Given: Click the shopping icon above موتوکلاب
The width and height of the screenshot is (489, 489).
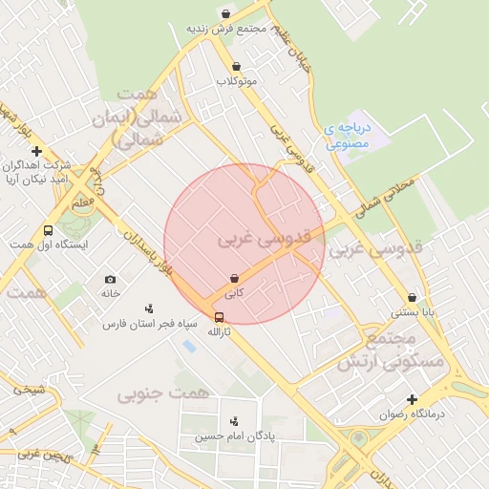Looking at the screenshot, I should (x=236, y=66).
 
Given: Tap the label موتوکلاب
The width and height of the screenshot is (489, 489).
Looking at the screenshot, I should (x=237, y=81).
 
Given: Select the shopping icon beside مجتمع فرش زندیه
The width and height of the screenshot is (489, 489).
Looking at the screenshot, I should (x=224, y=13).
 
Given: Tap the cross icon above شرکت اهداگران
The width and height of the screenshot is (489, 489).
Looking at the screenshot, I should (x=36, y=151).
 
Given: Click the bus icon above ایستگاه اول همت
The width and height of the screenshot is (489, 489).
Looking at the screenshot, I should (x=48, y=230).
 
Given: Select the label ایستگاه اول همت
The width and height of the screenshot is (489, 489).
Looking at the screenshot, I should (x=48, y=245).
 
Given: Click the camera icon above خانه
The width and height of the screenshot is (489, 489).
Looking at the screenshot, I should (x=111, y=279).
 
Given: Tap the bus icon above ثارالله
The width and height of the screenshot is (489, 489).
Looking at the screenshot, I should (x=220, y=317).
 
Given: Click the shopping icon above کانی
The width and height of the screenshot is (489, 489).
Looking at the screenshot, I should (x=234, y=278).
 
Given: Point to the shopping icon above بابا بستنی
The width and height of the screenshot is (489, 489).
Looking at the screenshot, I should (x=412, y=297).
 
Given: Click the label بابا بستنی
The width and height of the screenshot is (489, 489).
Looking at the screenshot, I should (x=413, y=312).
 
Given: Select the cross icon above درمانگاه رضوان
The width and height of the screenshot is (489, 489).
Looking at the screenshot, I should (x=412, y=399).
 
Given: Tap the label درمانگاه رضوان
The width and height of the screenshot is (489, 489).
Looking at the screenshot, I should (x=413, y=415).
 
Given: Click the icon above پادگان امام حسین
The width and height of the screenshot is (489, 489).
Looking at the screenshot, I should (x=234, y=421).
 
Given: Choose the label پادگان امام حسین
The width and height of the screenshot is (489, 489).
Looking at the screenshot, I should (x=234, y=436).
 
